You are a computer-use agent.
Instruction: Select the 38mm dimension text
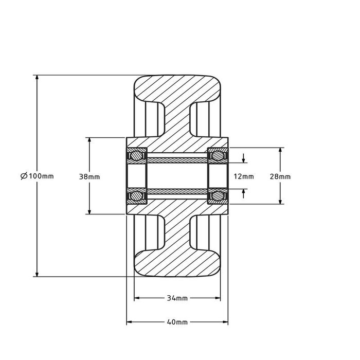(89, 176)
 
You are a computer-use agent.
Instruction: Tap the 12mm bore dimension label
(243, 176)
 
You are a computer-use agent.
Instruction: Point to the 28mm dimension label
(280, 176)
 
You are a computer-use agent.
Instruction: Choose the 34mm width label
(177, 298)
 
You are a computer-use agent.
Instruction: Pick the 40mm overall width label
(177, 322)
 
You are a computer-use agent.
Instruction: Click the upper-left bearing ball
(137, 155)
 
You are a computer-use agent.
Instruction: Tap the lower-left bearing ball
(137, 196)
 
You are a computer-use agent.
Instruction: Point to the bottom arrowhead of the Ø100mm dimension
(37, 273)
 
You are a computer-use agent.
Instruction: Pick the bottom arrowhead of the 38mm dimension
(89, 210)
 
